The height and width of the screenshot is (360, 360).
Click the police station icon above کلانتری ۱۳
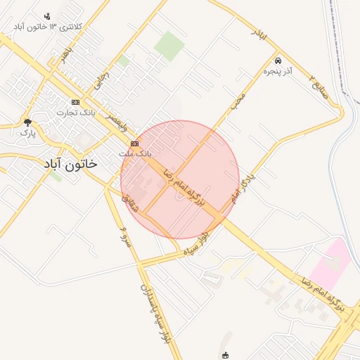coord(47,16)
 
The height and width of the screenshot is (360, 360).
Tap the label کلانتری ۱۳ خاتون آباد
coord(47,26)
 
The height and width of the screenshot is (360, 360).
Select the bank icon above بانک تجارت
coord(75,102)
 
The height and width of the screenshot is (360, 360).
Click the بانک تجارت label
coord(75,112)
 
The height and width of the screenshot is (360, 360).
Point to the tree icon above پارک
coord(27,122)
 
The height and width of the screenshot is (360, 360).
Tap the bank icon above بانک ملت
coord(134,143)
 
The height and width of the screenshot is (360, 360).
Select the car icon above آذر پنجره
coord(278,60)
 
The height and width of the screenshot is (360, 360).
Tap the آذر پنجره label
coord(278,70)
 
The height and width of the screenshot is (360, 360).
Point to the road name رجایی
coord(103,78)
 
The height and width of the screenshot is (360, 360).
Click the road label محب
coord(238,103)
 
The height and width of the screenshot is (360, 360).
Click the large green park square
coord(169,46)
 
